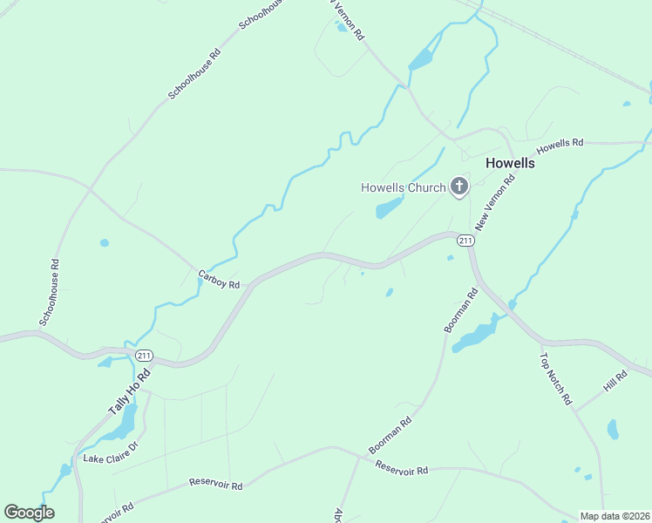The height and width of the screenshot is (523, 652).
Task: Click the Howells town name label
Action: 510,163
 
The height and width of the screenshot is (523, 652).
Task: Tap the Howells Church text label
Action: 404,187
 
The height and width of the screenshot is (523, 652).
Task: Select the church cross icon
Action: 459,187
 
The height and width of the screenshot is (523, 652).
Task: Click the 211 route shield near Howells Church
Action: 465,240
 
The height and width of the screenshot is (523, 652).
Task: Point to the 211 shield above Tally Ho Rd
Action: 145,355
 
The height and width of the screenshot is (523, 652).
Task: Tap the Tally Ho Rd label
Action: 129,391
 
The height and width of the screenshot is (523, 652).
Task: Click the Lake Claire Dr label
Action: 111,452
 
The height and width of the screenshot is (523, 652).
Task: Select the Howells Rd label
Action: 560,146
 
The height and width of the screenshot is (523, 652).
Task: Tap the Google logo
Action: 29,513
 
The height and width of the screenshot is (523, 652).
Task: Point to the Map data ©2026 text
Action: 615,516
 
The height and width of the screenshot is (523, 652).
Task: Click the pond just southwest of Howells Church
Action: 389,208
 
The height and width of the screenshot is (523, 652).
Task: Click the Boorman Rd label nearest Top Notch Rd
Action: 461,311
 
